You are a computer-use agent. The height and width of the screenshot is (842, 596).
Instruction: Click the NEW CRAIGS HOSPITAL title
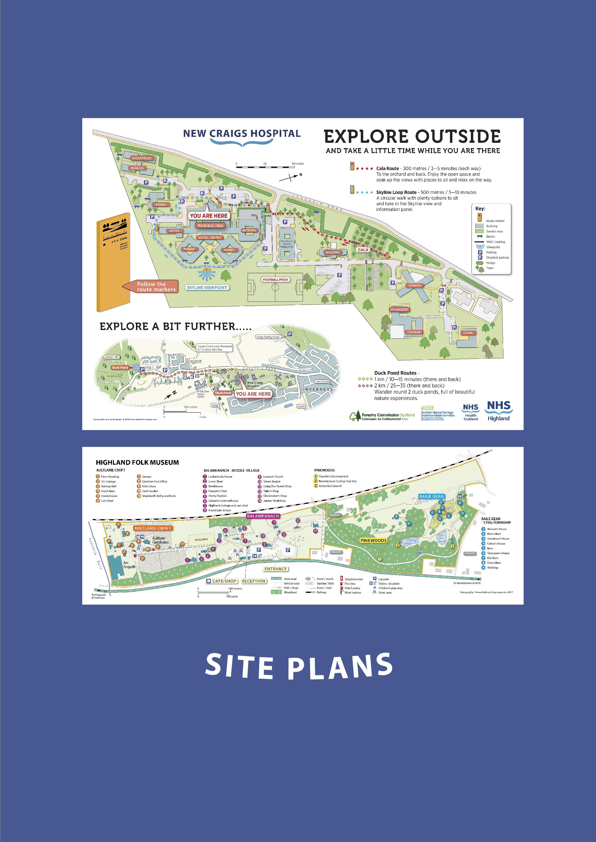coord(242,133)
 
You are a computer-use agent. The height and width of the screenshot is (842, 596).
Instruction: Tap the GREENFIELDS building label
coord(142,158)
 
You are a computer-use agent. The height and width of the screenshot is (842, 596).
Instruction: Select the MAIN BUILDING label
coord(210,226)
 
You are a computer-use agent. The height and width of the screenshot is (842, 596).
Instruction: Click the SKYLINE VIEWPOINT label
coord(207,288)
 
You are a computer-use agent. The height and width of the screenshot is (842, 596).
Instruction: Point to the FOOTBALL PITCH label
coord(275,279)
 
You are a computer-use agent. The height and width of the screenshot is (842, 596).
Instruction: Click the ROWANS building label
coord(415,285)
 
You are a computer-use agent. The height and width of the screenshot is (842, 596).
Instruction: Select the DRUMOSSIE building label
coord(399,310)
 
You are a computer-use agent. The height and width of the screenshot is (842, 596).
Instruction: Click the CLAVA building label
coord(468,333)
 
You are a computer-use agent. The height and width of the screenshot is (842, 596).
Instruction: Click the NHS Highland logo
coord(498,411)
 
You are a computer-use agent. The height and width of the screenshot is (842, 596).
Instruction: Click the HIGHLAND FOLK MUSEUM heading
coord(137,463)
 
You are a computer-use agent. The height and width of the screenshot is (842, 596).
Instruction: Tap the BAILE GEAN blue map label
coord(432,496)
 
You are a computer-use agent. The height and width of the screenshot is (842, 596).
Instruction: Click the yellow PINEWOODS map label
coord(373,540)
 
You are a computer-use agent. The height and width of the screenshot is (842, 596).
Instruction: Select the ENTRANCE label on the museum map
coord(276,569)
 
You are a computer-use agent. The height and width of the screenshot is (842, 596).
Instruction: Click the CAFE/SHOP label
coord(222,581)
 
